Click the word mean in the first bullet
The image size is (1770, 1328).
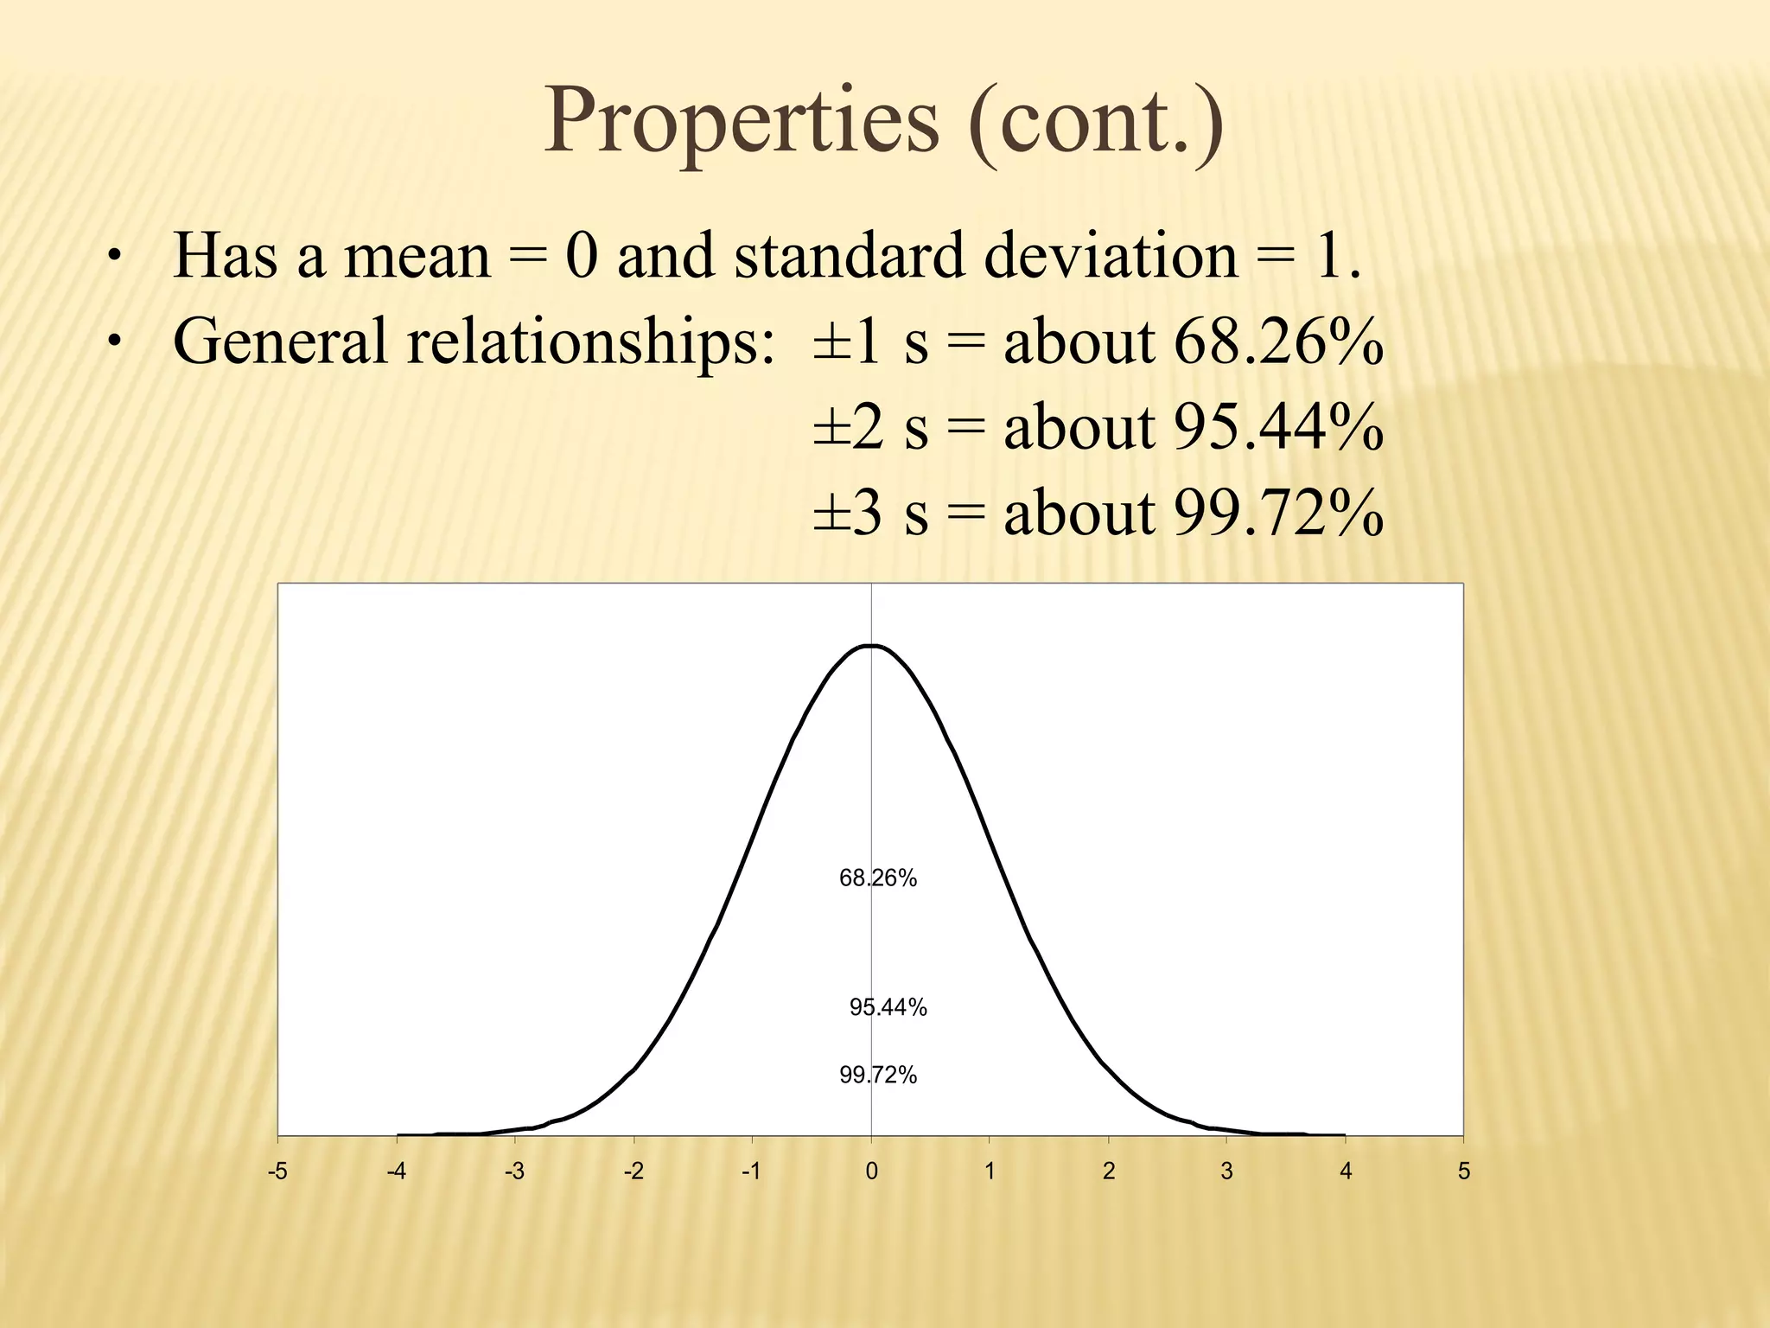pyautogui.click(x=417, y=257)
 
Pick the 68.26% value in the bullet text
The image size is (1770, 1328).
pyautogui.click(x=1278, y=342)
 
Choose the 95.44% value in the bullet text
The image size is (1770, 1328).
pyautogui.click(x=1278, y=427)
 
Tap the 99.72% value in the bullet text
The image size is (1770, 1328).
pyautogui.click(x=1278, y=513)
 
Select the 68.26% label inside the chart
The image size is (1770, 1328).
pyautogui.click(x=878, y=878)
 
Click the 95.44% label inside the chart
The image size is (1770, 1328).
pyautogui.click(x=888, y=1007)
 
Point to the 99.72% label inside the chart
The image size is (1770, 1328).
pyautogui.click(x=878, y=1076)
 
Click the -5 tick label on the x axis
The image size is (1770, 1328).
pyautogui.click(x=277, y=1172)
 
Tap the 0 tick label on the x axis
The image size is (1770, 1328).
pyautogui.click(x=871, y=1172)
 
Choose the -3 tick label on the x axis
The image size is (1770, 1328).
pyautogui.click(x=514, y=1172)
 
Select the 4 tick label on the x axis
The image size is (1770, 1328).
pyautogui.click(x=1346, y=1172)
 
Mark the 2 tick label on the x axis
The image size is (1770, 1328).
pyautogui.click(x=1109, y=1172)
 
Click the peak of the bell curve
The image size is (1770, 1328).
pyautogui.click(x=871, y=646)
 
